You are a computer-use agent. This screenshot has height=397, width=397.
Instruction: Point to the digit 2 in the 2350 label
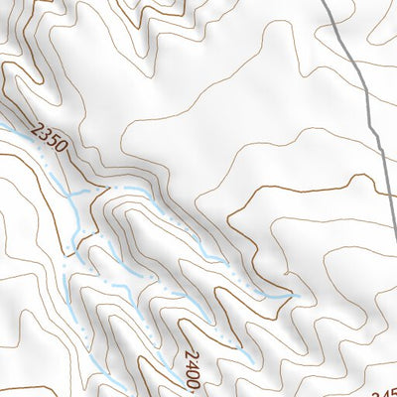(x=38, y=127)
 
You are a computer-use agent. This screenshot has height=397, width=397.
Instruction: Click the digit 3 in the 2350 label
(x=45, y=133)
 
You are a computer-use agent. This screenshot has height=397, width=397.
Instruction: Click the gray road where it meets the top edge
(x=329, y=2)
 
